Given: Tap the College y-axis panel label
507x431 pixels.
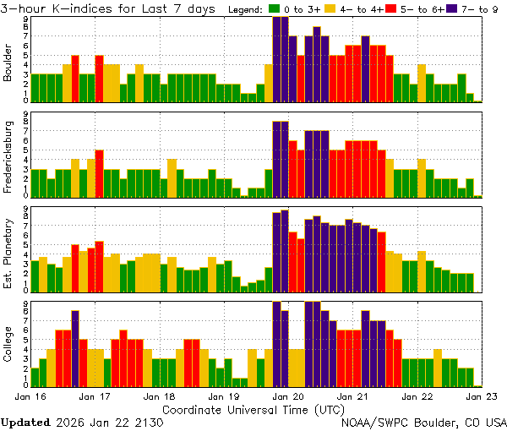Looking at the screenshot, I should tap(8, 345).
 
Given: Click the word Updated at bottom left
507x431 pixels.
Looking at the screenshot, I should tap(25, 421).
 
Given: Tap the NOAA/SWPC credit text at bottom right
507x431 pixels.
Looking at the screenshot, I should tap(423, 421).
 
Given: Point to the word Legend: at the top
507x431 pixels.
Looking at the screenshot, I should tap(248, 9).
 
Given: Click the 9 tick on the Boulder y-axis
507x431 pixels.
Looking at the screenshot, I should tap(25, 18).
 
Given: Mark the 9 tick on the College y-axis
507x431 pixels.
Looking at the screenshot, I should tap(25, 303).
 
